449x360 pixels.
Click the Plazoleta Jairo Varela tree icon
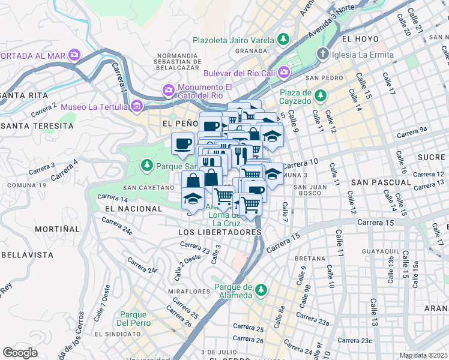[283, 40]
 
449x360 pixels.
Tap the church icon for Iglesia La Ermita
[323, 55]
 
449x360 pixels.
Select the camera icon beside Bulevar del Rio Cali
[283, 73]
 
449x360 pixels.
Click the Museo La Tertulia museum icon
[137, 107]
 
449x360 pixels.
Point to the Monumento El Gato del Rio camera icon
[169, 90]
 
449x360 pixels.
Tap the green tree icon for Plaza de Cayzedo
[321, 95]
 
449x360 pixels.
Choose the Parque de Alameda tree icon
[261, 290]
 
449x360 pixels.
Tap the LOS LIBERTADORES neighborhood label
[220, 232]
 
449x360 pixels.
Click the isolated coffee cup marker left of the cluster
[182, 143]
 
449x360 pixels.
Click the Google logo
[20, 353]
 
